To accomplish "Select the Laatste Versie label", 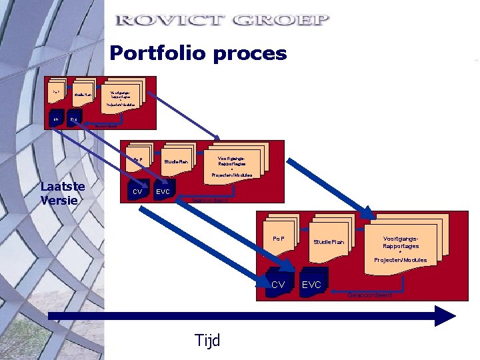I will click(63, 193).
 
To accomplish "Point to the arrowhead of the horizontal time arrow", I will click(445, 315).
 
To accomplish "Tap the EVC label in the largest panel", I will click(311, 285).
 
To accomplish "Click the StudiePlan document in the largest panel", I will click(329, 241).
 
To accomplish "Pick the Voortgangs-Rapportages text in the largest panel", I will click(401, 242).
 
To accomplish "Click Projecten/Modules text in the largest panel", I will click(401, 260).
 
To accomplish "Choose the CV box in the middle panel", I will click(138, 191).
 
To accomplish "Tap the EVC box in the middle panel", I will click(163, 191).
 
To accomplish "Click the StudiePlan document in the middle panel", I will click(177, 161).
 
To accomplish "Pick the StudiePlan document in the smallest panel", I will click(83, 95).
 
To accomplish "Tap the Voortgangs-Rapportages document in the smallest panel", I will click(120, 93).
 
